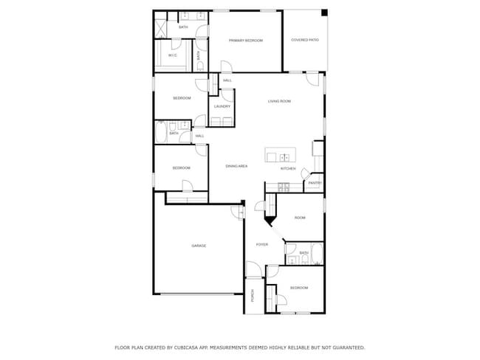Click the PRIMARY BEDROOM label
point(245,41)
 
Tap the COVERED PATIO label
point(304,41)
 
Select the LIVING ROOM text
point(279,100)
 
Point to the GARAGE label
point(199,246)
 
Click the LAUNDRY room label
point(222,107)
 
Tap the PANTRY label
point(315,183)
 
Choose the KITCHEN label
point(288,169)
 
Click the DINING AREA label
point(236,167)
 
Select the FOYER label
point(261,244)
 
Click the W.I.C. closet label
point(172,55)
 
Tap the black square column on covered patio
point(324,13)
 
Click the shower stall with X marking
point(160,27)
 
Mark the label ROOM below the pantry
point(300,218)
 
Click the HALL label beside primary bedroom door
point(227,80)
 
